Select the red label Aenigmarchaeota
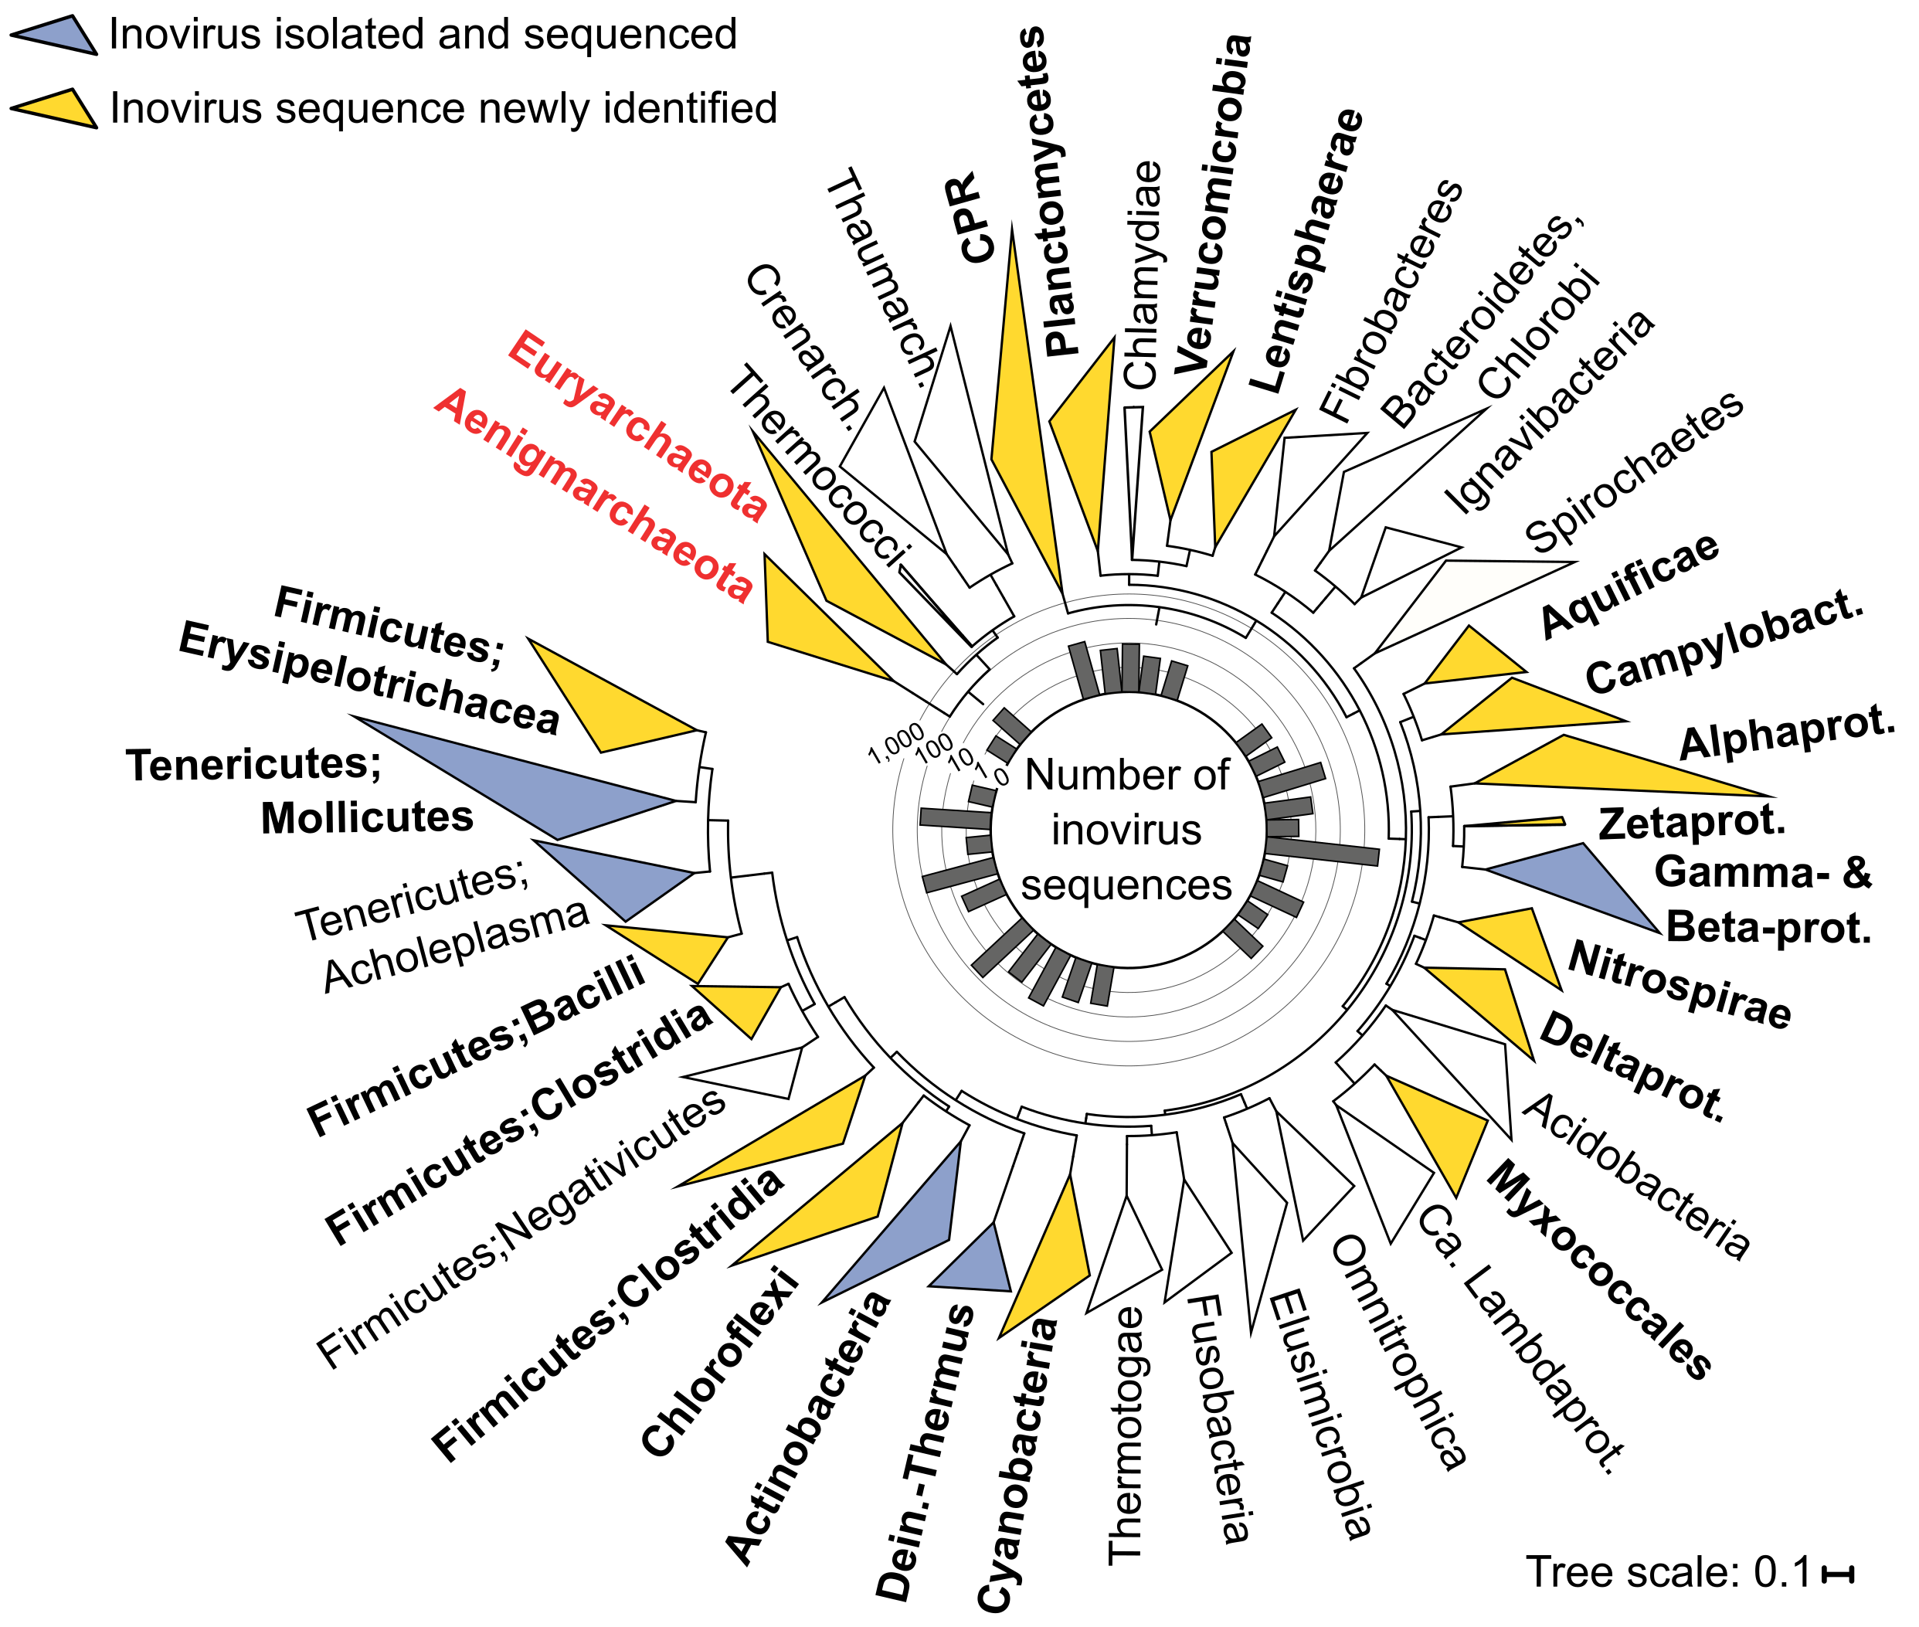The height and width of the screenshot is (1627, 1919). point(594,495)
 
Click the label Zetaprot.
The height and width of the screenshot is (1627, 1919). point(1692,821)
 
